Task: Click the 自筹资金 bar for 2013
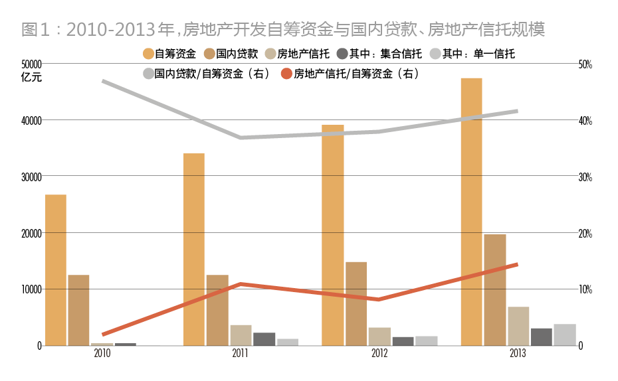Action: pyautogui.click(x=471, y=212)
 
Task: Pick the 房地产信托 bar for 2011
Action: pyautogui.click(x=241, y=335)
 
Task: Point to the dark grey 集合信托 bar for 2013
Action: pyautogui.click(x=541, y=337)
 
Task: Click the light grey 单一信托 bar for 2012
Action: pyautogui.click(x=427, y=341)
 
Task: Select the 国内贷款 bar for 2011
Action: pyautogui.click(x=217, y=310)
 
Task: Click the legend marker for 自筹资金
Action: pyautogui.click(x=148, y=54)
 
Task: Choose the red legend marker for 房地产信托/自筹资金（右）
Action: pyautogui.click(x=286, y=74)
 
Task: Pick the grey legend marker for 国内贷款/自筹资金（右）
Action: pyautogui.click(x=148, y=74)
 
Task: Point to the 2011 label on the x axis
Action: pyautogui.click(x=241, y=354)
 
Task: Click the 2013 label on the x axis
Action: pyautogui.click(x=517, y=354)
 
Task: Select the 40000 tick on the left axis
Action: pyautogui.click(x=31, y=120)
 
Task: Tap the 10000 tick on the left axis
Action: pyautogui.click(x=31, y=289)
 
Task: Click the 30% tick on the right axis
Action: pyautogui.click(x=585, y=177)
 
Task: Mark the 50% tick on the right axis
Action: pyautogui.click(x=585, y=64)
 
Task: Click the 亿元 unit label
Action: pyautogui.click(x=31, y=77)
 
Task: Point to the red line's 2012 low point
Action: pyautogui.click(x=379, y=299)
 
